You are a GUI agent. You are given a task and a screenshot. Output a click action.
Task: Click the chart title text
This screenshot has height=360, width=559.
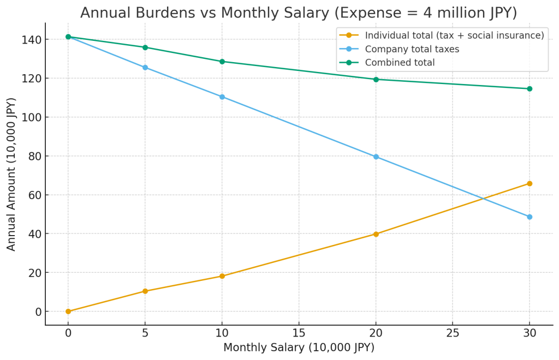click(298, 13)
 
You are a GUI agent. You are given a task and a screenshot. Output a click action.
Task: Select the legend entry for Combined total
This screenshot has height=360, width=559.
click(400, 63)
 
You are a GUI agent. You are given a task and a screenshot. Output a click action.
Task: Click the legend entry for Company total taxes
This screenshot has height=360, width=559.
click(412, 49)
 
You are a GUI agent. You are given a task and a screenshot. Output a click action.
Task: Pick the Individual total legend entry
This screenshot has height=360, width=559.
click(454, 35)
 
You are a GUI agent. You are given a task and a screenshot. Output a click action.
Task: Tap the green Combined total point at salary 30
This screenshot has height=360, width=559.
click(529, 88)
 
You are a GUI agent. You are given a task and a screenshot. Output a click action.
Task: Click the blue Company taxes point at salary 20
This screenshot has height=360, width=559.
click(376, 157)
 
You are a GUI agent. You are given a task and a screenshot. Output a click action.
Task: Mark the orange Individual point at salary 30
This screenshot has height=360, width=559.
click(529, 183)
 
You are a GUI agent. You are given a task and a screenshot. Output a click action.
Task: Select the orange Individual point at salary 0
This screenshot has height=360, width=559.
click(68, 311)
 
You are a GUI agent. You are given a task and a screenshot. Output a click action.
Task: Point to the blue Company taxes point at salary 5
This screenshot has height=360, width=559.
click(145, 68)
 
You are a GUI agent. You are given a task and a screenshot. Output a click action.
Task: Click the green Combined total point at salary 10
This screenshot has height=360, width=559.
click(222, 62)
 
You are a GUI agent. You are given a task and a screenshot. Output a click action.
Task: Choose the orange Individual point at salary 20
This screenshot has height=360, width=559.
click(376, 234)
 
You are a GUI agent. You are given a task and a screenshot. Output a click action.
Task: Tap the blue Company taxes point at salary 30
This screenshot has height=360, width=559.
click(529, 217)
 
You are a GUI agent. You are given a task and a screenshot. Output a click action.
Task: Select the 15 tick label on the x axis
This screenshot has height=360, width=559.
click(299, 332)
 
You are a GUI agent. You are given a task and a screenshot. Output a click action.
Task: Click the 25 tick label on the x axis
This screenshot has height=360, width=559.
click(452, 332)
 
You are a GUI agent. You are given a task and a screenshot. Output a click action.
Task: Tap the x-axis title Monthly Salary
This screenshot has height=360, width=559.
click(299, 347)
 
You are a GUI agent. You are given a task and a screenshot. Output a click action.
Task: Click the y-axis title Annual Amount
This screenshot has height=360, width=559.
click(11, 174)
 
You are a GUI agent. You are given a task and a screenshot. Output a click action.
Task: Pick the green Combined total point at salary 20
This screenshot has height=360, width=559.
click(376, 79)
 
